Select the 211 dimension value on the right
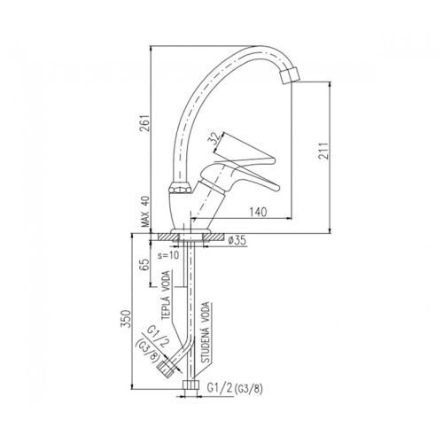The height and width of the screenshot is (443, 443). coord(323,151)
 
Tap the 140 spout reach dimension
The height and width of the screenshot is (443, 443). coord(258,212)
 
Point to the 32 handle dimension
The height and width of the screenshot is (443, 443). coord(215,138)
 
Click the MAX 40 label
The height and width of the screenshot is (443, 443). coord(145,212)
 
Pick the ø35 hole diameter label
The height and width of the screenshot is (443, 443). coord(237,241)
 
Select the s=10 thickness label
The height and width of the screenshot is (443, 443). coord(168,255)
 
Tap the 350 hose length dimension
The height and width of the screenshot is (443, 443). coord(126,319)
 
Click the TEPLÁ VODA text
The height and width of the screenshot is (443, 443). coord(167,295)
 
